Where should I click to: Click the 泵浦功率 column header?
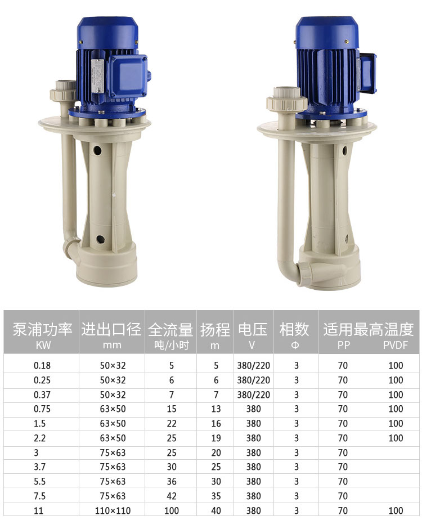pos(43,329)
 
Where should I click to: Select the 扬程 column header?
pos(215,329)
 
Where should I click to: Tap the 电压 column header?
pos(253,329)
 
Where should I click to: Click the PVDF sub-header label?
pos(396,345)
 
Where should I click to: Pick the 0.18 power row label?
pos(42,365)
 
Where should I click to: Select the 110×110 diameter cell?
pos(113,510)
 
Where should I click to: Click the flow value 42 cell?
pos(172,496)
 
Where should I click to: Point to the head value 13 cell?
pos(216,409)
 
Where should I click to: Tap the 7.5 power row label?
pos(39,496)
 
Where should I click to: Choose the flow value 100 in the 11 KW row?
pos(172,510)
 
